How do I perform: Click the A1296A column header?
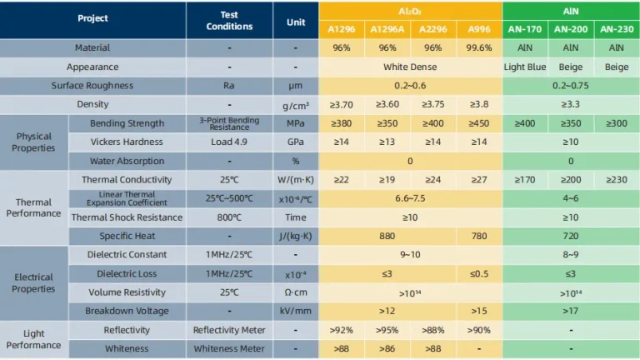pos(387,28)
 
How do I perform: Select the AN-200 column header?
pos(570,28)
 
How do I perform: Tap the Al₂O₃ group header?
pos(409,10)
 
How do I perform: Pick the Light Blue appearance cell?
pos(524,67)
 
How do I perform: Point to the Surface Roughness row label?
pos(92,85)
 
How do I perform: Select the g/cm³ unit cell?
pos(295,104)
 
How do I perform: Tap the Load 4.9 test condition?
pos(229,142)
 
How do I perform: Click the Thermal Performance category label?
pos(33,207)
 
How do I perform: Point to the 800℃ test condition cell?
pos(229,217)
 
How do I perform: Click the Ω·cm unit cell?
pos(295,292)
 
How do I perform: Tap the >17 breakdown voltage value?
pos(570,311)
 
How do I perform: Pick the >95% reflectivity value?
pos(387,330)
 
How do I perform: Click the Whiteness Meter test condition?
pos(229,348)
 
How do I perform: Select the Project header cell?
pos(92,18)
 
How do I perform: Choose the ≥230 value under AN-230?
pos(616,179)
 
